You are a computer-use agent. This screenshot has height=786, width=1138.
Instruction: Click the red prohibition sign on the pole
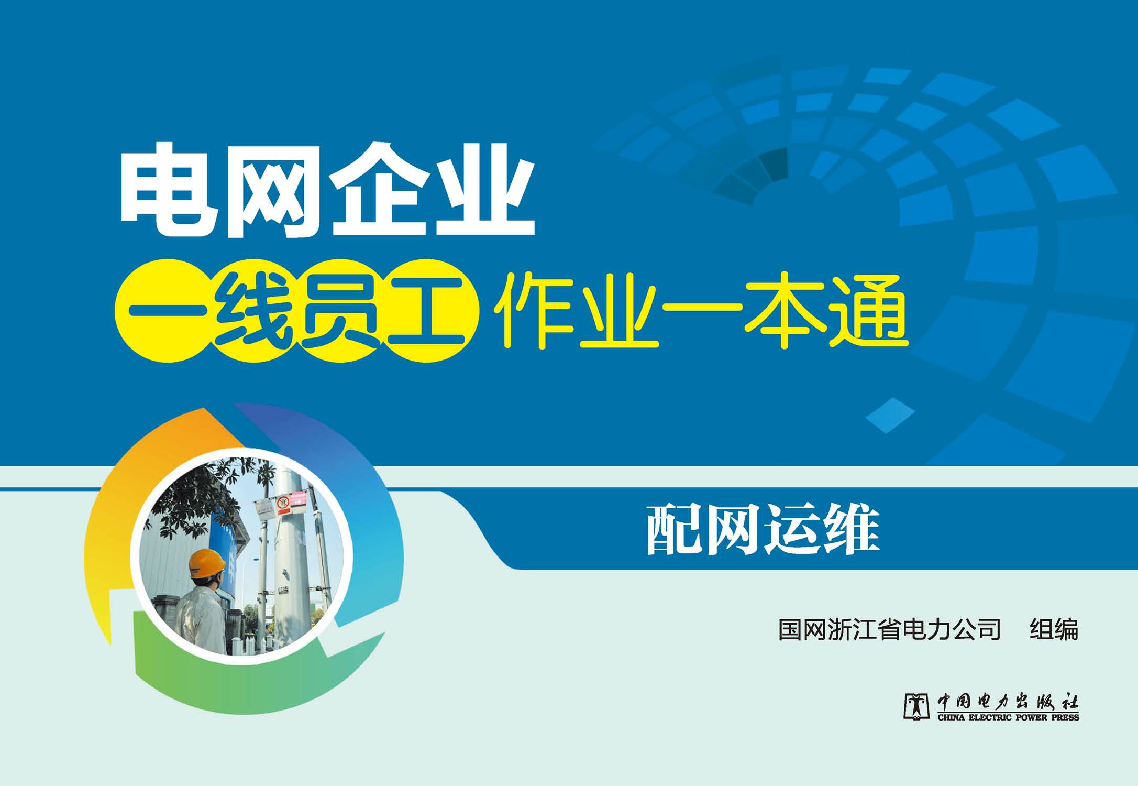pos(283,504)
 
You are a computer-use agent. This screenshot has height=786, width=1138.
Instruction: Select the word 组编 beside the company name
pos(1053,629)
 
